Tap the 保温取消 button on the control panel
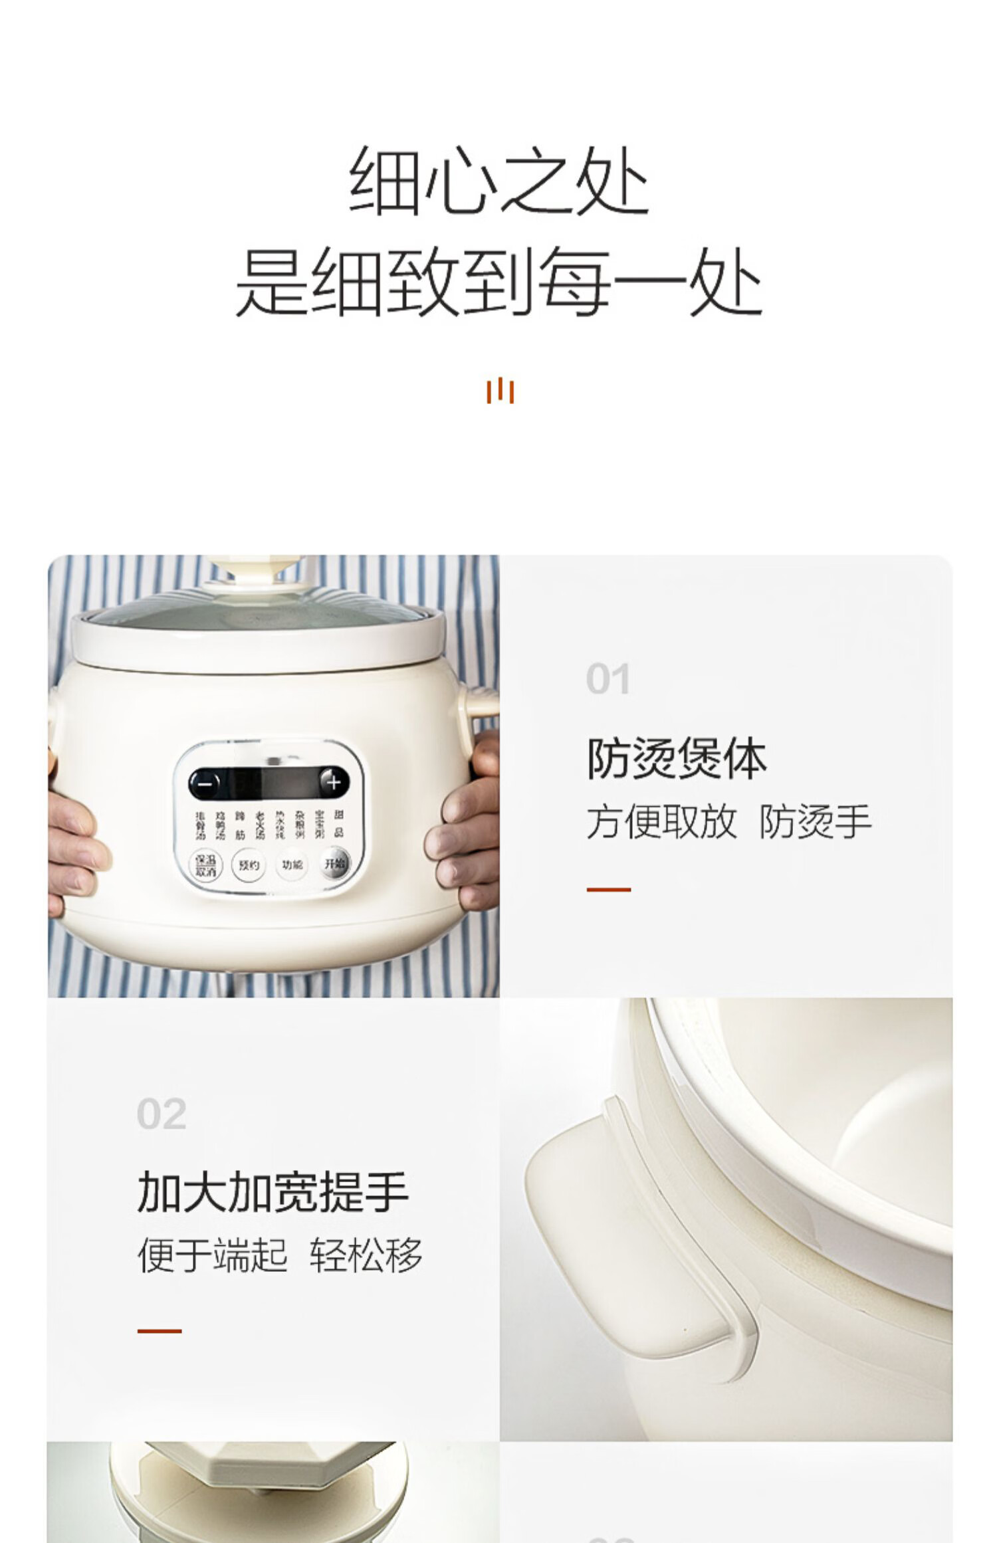205,865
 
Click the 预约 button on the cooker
249,865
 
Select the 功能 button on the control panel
292,865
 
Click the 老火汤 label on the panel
260,825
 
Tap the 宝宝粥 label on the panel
320,825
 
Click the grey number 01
608,679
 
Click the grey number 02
161,1114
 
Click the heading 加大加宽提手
273,1192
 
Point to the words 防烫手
815,822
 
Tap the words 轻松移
366,1255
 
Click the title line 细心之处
498,181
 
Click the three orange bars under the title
500,391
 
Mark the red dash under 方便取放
608,889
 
